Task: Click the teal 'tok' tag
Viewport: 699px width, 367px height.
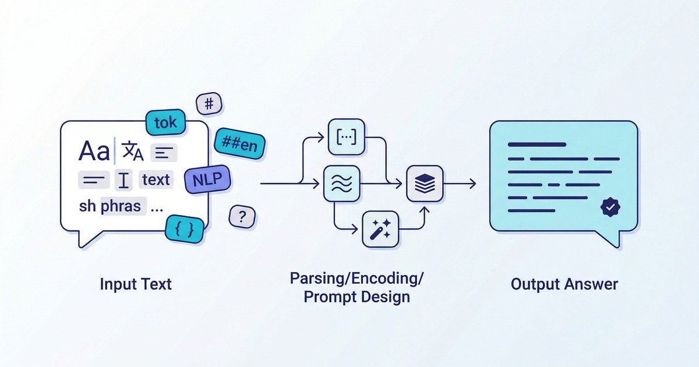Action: (166, 123)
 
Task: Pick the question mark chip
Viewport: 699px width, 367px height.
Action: (242, 217)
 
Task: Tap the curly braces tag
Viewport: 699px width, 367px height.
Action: (184, 228)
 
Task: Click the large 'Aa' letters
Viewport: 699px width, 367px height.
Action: (94, 152)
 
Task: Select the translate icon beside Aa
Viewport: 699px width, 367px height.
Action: (134, 153)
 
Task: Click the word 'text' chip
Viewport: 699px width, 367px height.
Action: (156, 180)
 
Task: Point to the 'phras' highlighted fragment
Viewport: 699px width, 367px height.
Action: (121, 207)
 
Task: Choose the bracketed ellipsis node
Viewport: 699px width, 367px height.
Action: (346, 137)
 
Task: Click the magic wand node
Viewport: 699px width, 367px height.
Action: (380, 229)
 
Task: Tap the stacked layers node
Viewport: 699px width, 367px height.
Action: (424, 183)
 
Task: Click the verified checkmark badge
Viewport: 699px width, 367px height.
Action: (610, 206)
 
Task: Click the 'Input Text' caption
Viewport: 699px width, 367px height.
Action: (136, 284)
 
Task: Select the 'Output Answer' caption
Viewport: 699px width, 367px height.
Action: (564, 284)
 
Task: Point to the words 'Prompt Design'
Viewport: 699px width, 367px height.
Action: (357, 297)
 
